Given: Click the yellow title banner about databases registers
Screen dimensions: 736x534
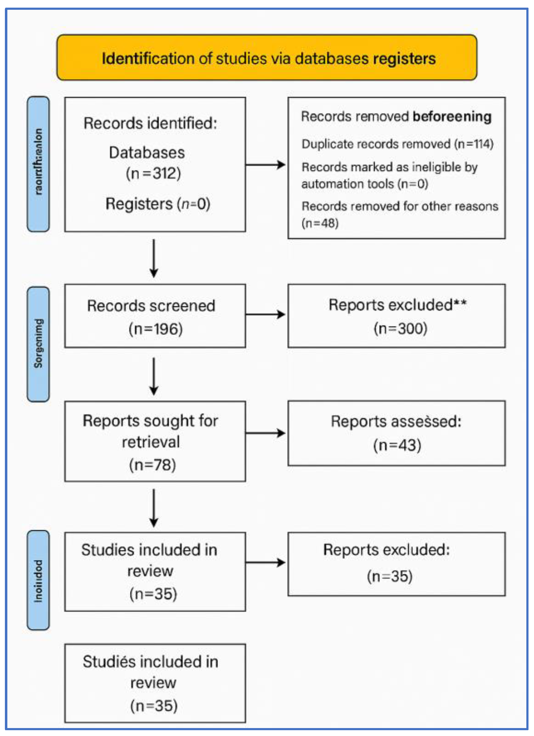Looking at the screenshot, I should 267,58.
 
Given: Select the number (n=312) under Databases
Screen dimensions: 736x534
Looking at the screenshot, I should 153,173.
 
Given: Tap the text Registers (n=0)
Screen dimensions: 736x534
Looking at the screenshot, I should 158,204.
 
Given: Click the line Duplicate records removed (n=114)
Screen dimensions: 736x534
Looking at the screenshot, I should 397,144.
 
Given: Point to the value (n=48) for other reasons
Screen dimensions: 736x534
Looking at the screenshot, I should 320,223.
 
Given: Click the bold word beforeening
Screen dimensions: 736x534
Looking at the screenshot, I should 451,116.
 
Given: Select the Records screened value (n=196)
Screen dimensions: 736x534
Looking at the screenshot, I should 156,329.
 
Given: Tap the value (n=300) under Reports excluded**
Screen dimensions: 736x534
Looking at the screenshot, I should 400,328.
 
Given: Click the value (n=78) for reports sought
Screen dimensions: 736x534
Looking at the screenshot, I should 153,465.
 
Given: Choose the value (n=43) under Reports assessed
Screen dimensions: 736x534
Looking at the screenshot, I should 397,445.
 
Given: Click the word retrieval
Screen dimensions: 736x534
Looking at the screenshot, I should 151,442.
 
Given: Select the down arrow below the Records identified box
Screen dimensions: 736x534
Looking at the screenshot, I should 154,258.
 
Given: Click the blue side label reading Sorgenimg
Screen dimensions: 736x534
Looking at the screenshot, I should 38,344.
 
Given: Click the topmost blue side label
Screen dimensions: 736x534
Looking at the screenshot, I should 38,163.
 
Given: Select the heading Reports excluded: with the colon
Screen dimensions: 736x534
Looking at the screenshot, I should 386,550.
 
